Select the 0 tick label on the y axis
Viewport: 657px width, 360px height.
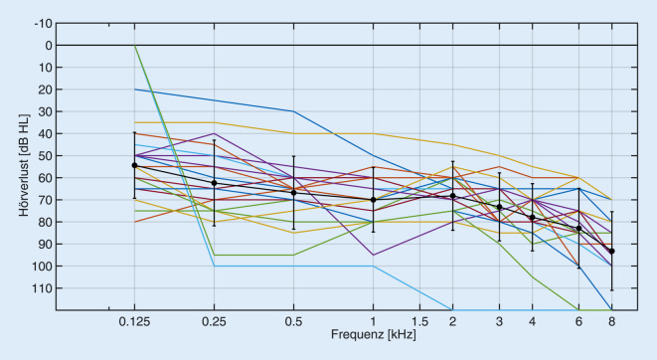[46, 45]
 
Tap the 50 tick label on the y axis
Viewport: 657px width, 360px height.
[43, 156]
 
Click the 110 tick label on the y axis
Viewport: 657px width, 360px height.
[40, 288]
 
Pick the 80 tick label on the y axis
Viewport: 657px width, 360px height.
[43, 222]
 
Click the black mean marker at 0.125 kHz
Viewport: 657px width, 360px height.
[134, 165]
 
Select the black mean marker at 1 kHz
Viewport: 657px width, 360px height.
[373, 200]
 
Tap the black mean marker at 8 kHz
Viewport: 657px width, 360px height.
[611, 251]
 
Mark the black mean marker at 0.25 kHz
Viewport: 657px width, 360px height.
[214, 183]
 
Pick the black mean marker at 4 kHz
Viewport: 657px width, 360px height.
[532, 217]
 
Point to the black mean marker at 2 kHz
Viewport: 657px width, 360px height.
[452, 196]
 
